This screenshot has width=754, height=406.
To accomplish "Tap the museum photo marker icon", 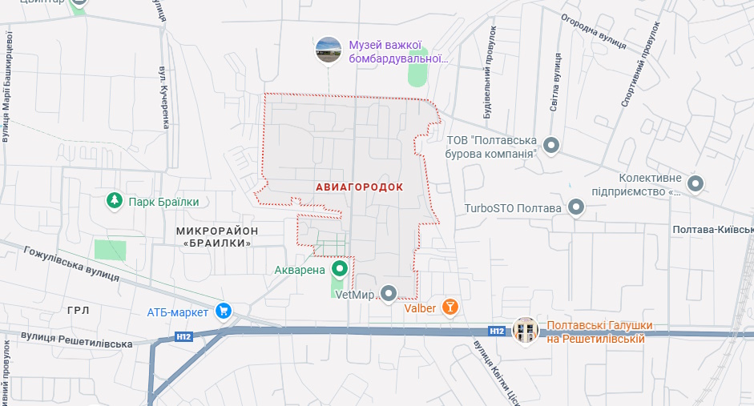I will [329, 50].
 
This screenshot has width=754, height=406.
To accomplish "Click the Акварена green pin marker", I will [340, 269].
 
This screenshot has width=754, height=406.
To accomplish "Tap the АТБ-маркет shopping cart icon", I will [224, 311].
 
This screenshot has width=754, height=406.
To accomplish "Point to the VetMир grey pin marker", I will [389, 294].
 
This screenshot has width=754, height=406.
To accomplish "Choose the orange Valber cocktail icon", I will [451, 307].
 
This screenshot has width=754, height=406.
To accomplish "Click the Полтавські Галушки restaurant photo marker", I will [526, 329].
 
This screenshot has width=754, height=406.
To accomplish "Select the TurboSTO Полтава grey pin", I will [575, 208].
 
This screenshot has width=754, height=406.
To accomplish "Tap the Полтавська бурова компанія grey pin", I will [551, 146].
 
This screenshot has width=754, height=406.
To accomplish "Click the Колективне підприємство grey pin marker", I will [696, 184].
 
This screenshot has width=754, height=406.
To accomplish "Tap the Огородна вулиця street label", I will [592, 30].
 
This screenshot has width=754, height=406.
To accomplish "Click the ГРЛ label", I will [79, 310].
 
